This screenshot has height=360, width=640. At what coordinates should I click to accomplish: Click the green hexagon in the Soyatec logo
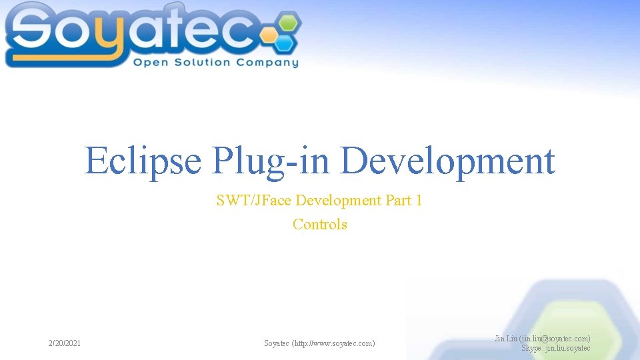tap(287, 21)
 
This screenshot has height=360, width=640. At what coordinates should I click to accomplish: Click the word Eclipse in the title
tap(143, 161)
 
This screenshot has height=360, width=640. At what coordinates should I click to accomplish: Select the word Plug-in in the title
tap(271, 161)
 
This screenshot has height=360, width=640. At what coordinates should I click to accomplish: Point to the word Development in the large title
tap(448, 161)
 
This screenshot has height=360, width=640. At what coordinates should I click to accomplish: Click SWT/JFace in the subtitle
tap(253, 200)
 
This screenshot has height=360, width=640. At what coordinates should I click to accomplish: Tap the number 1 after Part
tap(418, 200)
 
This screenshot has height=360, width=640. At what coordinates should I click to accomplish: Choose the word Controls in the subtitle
tap(320, 224)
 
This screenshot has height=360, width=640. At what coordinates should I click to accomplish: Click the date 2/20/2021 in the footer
tap(65, 343)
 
